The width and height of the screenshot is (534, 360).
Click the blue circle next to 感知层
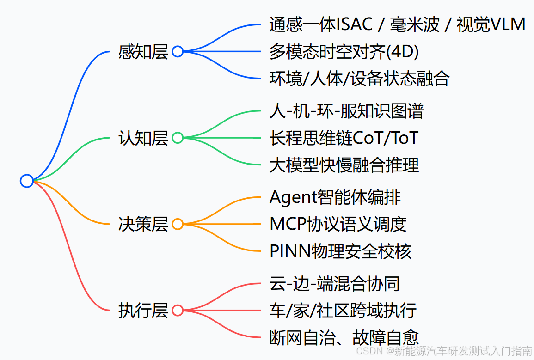click(178, 51)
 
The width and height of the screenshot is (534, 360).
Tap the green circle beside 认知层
click(178, 138)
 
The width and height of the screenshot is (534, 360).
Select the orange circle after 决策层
click(178, 224)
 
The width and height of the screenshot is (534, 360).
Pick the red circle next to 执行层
click(178, 311)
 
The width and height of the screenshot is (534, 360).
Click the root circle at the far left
click(27, 181)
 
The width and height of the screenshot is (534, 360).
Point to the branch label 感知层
click(143, 51)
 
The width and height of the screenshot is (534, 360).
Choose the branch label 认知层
click(143, 138)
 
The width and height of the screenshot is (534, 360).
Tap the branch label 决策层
click(143, 224)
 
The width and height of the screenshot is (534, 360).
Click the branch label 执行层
click(143, 311)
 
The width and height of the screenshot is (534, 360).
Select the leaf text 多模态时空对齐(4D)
click(344, 52)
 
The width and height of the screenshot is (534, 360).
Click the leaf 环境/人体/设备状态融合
click(359, 79)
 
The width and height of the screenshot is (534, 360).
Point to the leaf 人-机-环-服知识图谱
click(346, 111)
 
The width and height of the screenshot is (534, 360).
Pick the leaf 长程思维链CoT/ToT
click(344, 138)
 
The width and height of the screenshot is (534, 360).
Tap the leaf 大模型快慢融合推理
click(344, 165)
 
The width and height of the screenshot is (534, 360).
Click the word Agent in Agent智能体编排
click(293, 198)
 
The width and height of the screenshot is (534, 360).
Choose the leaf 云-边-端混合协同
click(335, 284)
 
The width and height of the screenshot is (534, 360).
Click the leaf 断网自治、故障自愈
click(344, 337)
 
